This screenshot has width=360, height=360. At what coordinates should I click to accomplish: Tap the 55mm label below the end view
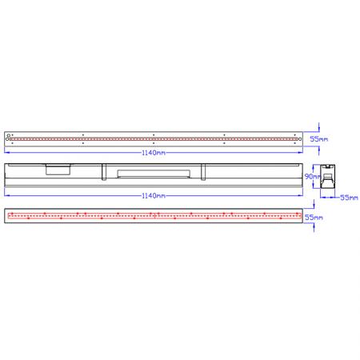pos(348,196)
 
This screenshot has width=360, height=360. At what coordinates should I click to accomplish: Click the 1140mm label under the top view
pos(154,151)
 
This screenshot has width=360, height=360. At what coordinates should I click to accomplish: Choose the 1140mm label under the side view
pos(154,195)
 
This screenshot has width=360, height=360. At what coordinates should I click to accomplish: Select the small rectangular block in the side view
pos(58,169)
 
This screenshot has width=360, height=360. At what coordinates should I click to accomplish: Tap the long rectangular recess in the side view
pos(153,173)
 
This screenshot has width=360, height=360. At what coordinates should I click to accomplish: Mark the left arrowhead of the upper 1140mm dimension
pos(6,151)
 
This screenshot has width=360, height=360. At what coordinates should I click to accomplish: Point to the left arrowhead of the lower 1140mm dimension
pos(6,195)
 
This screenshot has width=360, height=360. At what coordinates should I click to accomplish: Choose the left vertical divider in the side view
pos(103,170)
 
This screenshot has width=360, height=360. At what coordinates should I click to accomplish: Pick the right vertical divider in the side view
pos(203,170)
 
